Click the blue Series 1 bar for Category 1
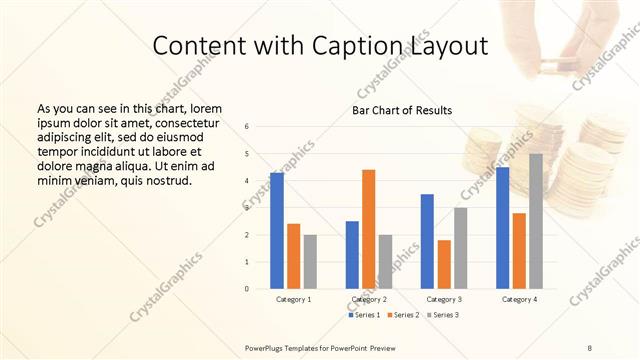click(x=277, y=231)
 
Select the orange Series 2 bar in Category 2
click(x=369, y=229)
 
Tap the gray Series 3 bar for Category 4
click(x=536, y=221)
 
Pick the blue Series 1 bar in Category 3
click(x=427, y=241)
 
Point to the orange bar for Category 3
click(x=444, y=264)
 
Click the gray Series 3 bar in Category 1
click(x=310, y=262)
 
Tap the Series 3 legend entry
click(x=445, y=315)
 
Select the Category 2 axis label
click(x=369, y=299)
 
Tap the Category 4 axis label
click(x=519, y=299)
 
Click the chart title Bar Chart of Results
click(x=402, y=110)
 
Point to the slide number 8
click(x=589, y=346)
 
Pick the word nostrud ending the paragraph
click(x=167, y=180)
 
